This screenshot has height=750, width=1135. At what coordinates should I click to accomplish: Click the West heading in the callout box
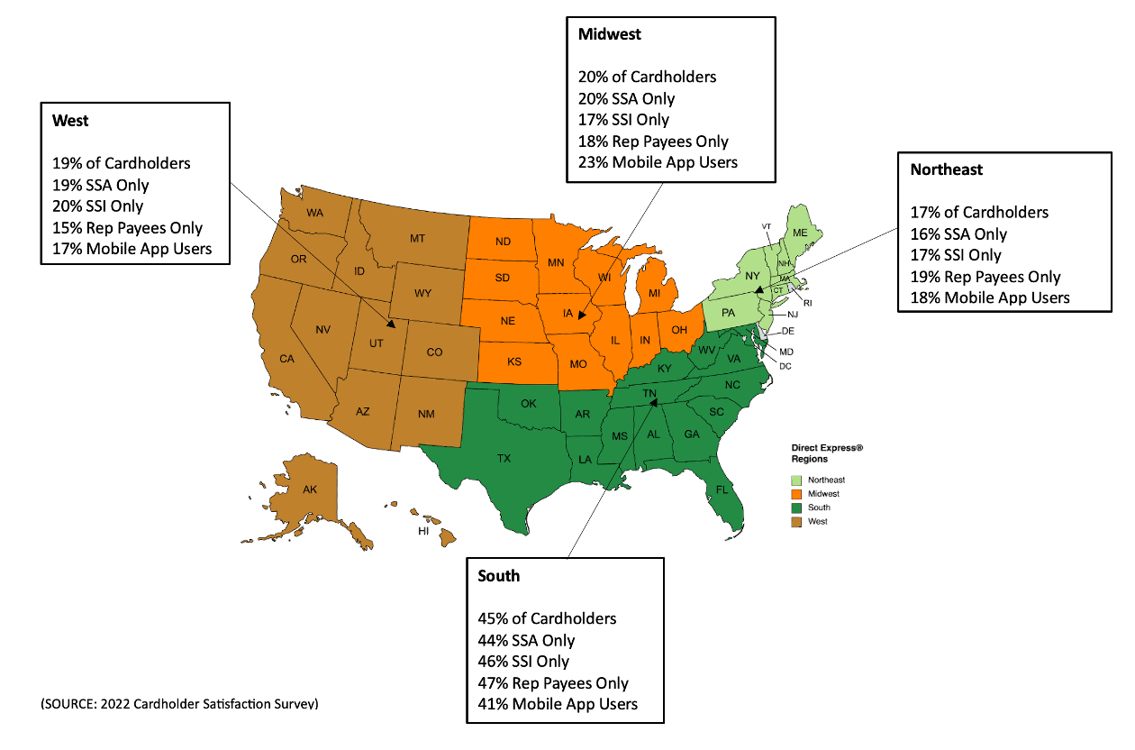(x=70, y=121)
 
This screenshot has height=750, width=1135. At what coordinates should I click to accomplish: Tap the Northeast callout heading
(x=946, y=169)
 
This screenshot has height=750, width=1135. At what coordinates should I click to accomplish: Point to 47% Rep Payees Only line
(x=553, y=683)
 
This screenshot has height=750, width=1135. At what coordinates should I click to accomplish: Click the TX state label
(x=504, y=458)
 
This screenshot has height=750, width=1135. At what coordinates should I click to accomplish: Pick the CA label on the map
(x=286, y=359)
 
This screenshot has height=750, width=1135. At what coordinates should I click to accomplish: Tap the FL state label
(x=722, y=490)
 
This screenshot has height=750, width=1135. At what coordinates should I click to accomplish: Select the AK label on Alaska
(x=309, y=489)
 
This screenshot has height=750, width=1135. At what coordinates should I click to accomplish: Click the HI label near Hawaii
(x=422, y=532)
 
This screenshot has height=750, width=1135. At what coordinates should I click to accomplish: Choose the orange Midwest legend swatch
(x=797, y=494)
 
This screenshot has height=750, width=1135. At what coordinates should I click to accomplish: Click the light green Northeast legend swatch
(x=797, y=480)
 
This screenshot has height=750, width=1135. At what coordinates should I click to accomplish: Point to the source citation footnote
(x=179, y=703)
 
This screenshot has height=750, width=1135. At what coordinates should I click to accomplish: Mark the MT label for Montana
(x=417, y=238)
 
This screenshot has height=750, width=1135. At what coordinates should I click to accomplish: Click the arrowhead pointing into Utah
(x=390, y=322)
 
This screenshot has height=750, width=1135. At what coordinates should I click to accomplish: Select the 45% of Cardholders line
(x=547, y=618)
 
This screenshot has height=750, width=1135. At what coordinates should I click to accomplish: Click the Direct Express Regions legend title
(x=826, y=453)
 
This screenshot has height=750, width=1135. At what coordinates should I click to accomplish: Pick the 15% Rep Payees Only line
(x=127, y=228)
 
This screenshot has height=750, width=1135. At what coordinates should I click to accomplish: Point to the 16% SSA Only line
(x=958, y=234)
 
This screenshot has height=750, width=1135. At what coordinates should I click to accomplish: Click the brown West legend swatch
(x=797, y=522)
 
